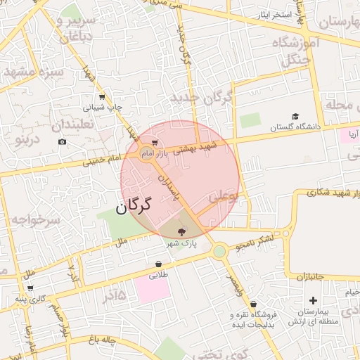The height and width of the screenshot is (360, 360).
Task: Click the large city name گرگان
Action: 134,207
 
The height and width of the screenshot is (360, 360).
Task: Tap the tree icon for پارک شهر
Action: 182,231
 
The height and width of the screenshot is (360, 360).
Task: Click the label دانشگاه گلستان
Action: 295,127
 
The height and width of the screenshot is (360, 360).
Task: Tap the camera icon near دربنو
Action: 63,142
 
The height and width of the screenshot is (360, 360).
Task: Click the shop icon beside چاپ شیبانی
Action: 103,97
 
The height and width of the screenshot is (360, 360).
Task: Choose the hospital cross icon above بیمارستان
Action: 313,300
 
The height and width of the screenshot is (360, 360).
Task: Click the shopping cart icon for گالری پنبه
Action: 30,288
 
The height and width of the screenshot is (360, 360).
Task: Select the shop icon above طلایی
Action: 158,265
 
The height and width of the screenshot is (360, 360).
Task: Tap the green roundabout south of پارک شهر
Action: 219,250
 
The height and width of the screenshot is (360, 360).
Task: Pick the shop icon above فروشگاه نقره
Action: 253,304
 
